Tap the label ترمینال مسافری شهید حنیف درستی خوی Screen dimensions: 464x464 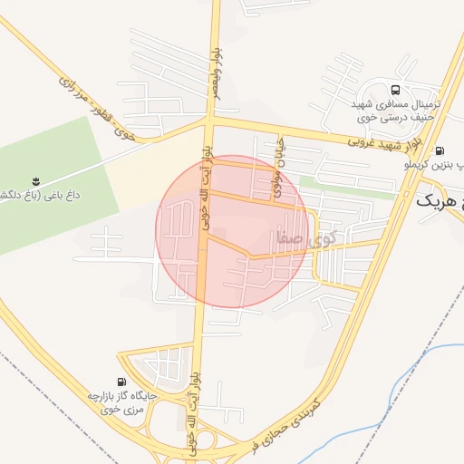[x=395, y=111]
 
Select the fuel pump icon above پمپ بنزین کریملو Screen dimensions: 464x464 [x=440, y=151]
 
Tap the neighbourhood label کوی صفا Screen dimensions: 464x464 [x=300, y=241]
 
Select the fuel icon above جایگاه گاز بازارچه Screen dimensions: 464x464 [x=121, y=382]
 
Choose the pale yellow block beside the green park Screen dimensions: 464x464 [x=154, y=163]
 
